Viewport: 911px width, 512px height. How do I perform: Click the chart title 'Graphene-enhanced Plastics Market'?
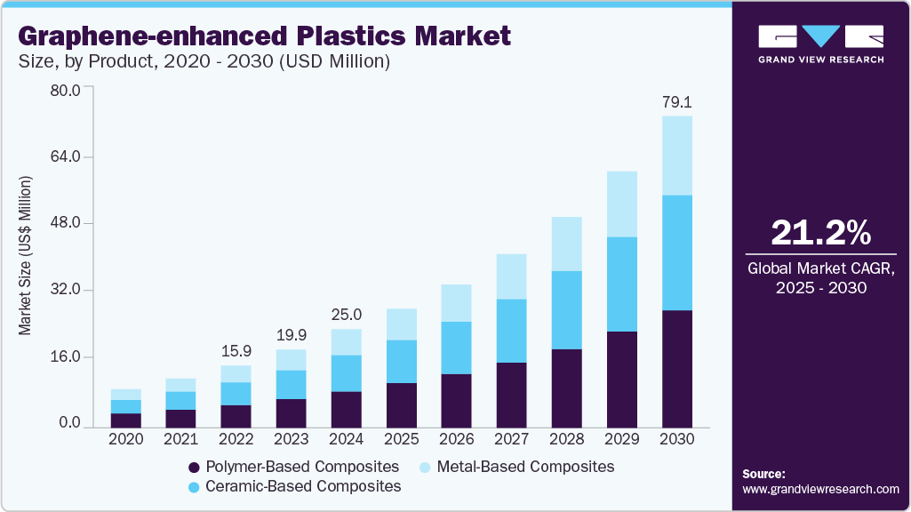tap(264, 36)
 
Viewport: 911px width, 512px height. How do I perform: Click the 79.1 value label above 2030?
tap(677, 103)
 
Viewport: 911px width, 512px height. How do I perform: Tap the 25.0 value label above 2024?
tap(347, 315)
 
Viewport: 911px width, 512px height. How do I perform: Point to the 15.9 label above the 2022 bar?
tap(236, 351)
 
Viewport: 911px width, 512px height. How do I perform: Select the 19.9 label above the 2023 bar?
tap(292, 335)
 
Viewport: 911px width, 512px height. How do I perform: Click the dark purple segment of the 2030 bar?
tap(677, 369)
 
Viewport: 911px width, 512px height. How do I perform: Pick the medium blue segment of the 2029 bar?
tap(622, 284)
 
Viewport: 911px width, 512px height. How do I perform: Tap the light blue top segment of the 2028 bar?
tap(567, 244)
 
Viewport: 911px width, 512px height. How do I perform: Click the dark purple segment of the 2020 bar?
tap(126, 420)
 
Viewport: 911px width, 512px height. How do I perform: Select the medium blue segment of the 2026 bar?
tap(457, 348)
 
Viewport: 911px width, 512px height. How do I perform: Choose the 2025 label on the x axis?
tap(402, 439)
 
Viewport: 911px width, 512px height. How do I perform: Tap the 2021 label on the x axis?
tap(181, 439)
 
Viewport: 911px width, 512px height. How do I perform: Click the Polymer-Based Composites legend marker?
tap(194, 467)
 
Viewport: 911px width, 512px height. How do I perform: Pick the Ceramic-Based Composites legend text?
tap(303, 486)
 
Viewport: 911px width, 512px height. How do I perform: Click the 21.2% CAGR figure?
tap(820, 233)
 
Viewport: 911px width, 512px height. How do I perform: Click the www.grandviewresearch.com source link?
tap(820, 489)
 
